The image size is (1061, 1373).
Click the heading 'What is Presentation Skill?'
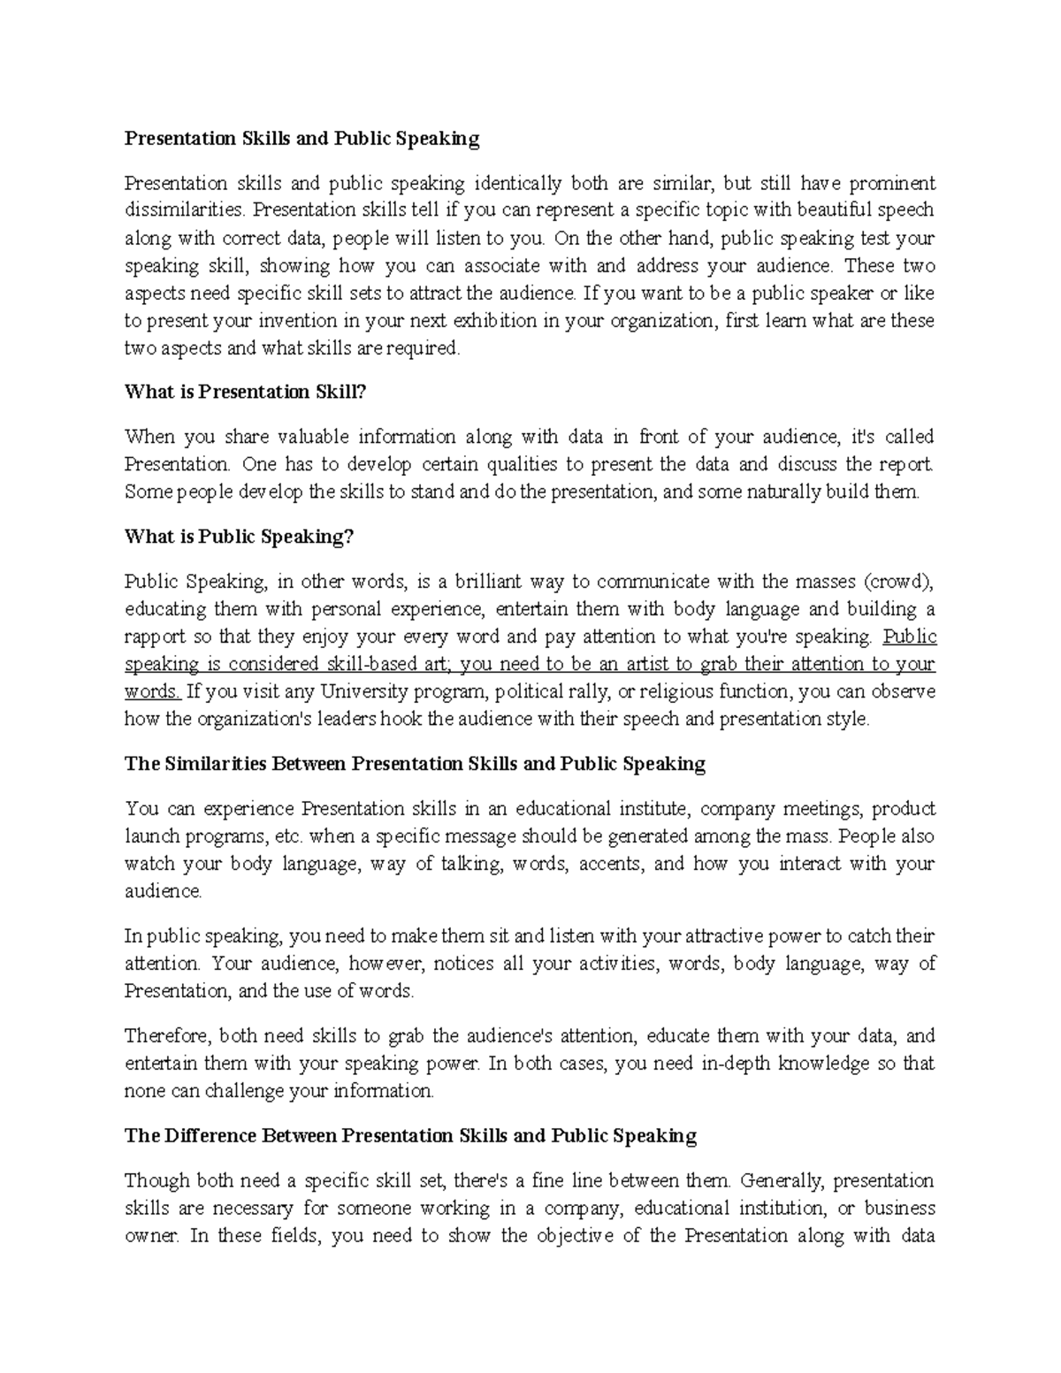coord(245,392)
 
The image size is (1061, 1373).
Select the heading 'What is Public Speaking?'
coord(239,537)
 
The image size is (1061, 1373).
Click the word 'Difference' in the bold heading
coord(202,1135)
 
